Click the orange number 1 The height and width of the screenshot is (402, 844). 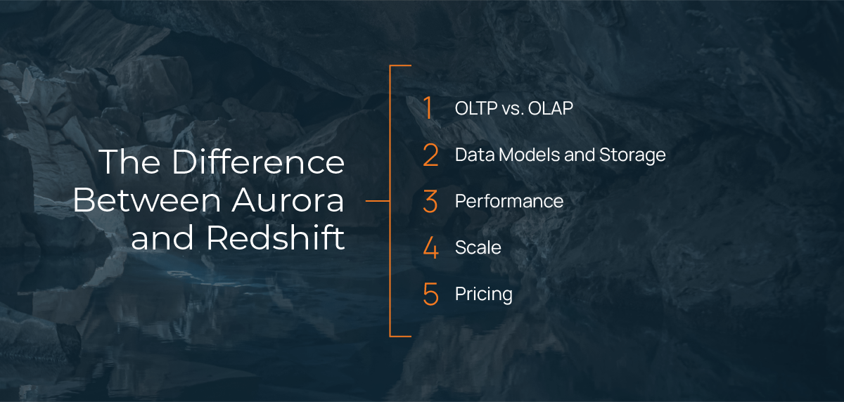428,108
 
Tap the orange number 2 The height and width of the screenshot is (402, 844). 430,155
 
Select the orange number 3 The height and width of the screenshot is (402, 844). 430,201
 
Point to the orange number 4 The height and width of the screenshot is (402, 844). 430,247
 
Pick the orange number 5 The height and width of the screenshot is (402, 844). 430,294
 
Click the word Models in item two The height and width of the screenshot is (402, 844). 525,155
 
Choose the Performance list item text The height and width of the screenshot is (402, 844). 509,202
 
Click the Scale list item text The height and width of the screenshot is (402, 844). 478,247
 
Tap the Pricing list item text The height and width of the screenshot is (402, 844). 483,294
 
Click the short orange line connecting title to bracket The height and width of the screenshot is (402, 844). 378,201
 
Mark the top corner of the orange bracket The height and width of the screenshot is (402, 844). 391,66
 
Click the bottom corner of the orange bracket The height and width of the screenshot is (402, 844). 391,335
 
